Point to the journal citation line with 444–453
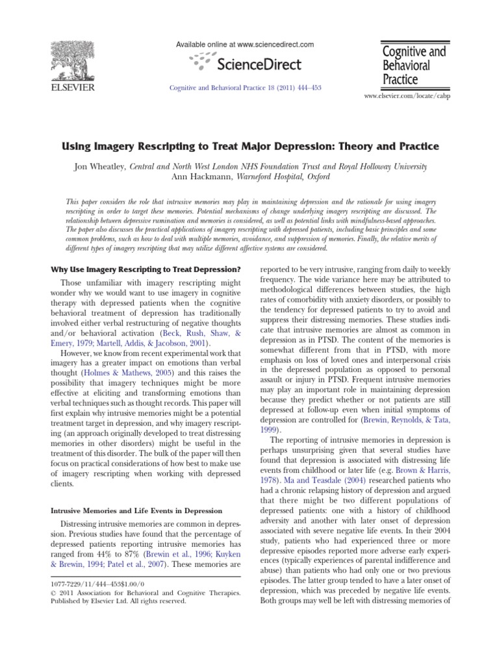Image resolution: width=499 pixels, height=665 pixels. click(x=246, y=88)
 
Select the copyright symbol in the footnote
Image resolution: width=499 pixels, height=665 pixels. click(x=54, y=593)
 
